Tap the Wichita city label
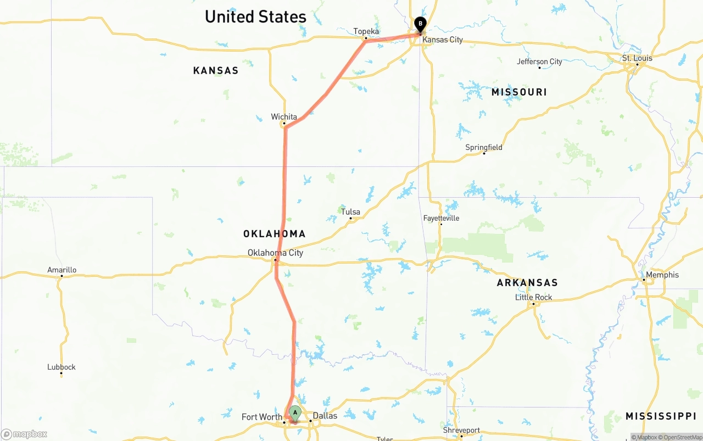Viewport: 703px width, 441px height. click(x=284, y=117)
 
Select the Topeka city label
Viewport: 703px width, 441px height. click(x=366, y=31)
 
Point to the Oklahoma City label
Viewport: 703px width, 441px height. click(x=275, y=253)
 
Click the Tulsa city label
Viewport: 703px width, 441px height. click(x=350, y=212)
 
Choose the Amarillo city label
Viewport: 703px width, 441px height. click(x=62, y=270)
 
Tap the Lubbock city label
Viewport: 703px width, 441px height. click(x=62, y=367)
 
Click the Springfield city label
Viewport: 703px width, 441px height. click(x=484, y=148)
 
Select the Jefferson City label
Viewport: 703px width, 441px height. click(x=539, y=62)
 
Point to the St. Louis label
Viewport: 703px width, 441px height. click(x=637, y=58)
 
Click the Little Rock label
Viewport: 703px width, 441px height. click(x=534, y=298)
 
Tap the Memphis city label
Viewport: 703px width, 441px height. click(x=662, y=275)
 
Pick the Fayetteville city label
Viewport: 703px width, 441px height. click(x=441, y=219)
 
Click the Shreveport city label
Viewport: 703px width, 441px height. click(x=461, y=431)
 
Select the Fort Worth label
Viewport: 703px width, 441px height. click(x=262, y=417)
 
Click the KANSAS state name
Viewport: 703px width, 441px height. click(x=216, y=71)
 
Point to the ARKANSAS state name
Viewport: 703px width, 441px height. click(x=527, y=283)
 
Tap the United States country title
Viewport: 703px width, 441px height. click(x=255, y=17)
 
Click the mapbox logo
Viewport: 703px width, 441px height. click(x=25, y=434)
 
